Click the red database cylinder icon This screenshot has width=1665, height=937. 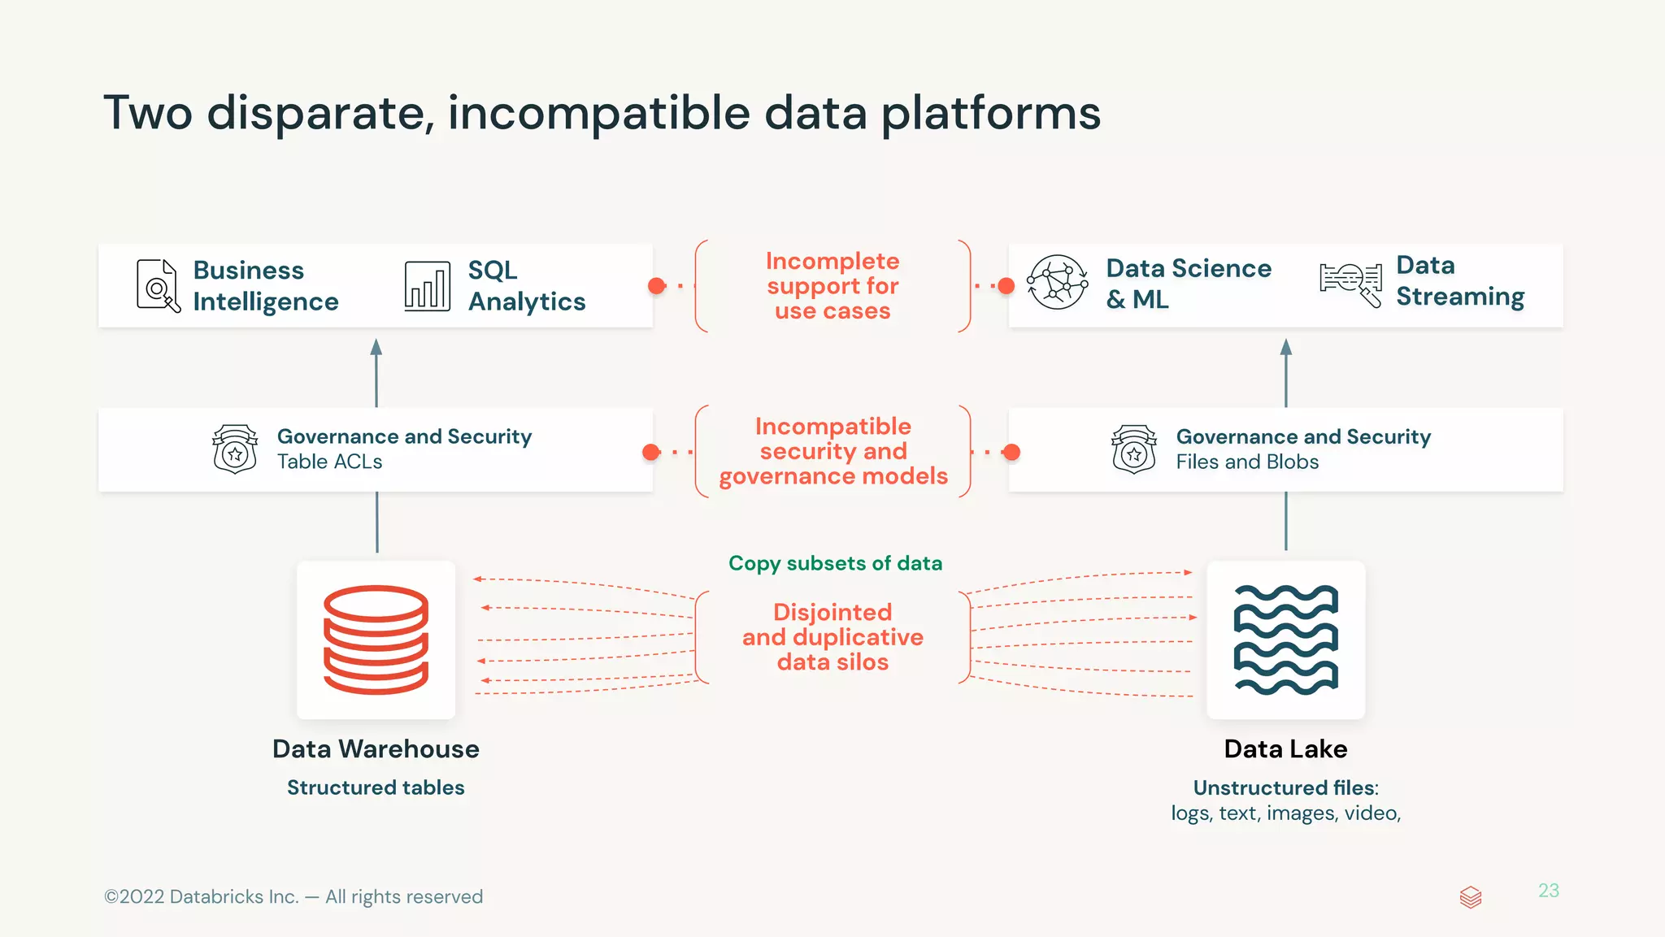click(x=376, y=640)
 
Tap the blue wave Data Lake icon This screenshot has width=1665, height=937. click(x=1285, y=640)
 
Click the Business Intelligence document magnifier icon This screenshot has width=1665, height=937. click(x=158, y=285)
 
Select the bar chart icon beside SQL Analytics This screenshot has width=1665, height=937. click(x=427, y=286)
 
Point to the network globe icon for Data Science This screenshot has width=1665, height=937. click(x=1057, y=283)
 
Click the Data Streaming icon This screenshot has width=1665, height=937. click(x=1350, y=284)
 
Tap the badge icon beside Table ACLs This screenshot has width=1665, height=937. click(x=235, y=449)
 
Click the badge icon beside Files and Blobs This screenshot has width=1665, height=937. click(x=1134, y=449)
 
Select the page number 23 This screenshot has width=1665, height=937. click(x=1548, y=891)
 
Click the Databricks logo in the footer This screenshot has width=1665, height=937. click(x=1470, y=897)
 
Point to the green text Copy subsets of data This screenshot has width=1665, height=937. click(x=835, y=563)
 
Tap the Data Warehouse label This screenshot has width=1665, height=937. click(x=376, y=748)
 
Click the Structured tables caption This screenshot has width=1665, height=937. click(x=376, y=787)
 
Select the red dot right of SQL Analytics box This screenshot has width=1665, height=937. click(x=657, y=286)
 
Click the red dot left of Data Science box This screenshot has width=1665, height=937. click(x=1006, y=286)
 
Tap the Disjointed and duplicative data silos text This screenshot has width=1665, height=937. click(x=832, y=637)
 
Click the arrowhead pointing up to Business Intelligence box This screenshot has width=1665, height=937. click(x=376, y=348)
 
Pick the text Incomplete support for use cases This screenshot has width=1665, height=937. click(x=832, y=286)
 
